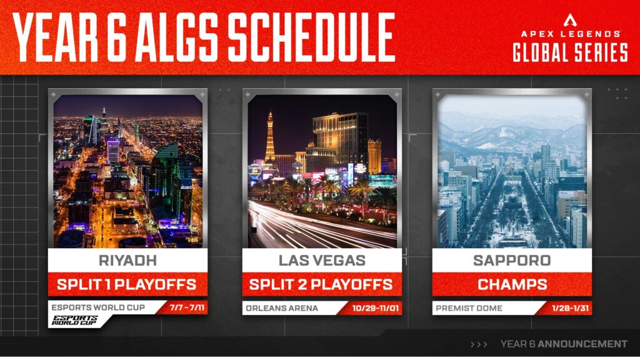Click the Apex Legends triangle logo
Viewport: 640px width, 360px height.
pyautogui.click(x=570, y=19)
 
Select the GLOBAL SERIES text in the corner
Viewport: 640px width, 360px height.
pyautogui.click(x=570, y=52)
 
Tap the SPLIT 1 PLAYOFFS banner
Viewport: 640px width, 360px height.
pyautogui.click(x=127, y=284)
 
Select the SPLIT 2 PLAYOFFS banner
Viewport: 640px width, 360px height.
pyautogui.click(x=321, y=284)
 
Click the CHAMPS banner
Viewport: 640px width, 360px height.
pyautogui.click(x=512, y=284)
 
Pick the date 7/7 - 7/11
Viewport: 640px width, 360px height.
pyautogui.click(x=186, y=307)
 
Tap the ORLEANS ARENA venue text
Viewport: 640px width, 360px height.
pyautogui.click(x=282, y=307)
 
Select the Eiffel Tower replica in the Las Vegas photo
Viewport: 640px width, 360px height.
pyautogui.click(x=270, y=137)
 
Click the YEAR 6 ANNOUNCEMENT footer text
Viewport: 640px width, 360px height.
pyautogui.click(x=564, y=344)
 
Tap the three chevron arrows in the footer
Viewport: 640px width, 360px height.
pyautogui.click(x=479, y=344)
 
